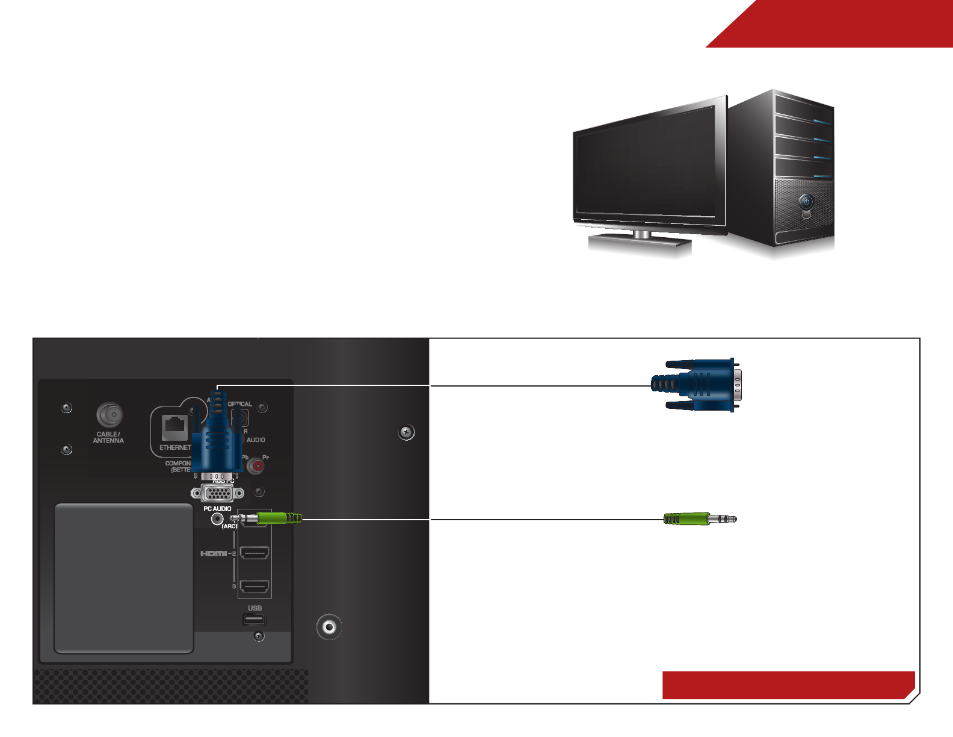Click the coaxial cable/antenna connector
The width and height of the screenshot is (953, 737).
point(109,415)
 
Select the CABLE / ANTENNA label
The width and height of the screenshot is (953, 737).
point(108,438)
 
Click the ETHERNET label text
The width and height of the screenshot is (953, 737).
point(175,448)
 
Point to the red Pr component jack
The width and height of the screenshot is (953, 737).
point(257,465)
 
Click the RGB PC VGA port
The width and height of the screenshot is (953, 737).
point(217,494)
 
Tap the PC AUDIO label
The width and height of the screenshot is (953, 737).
point(217,509)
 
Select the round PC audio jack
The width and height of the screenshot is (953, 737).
point(218,519)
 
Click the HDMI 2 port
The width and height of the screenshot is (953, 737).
point(254,553)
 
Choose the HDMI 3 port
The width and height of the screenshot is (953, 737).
point(254,586)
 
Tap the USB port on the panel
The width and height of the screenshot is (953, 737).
point(254,620)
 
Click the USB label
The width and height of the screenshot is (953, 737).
point(254,608)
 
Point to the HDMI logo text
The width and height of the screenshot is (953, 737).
point(214,553)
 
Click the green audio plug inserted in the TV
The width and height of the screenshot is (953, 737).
point(279,518)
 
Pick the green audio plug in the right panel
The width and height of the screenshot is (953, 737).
point(698,519)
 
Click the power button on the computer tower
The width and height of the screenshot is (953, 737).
point(806,202)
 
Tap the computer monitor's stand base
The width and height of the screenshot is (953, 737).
point(640,242)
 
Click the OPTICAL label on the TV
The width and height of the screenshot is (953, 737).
point(239,404)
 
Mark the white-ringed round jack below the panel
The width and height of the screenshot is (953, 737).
point(329,627)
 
